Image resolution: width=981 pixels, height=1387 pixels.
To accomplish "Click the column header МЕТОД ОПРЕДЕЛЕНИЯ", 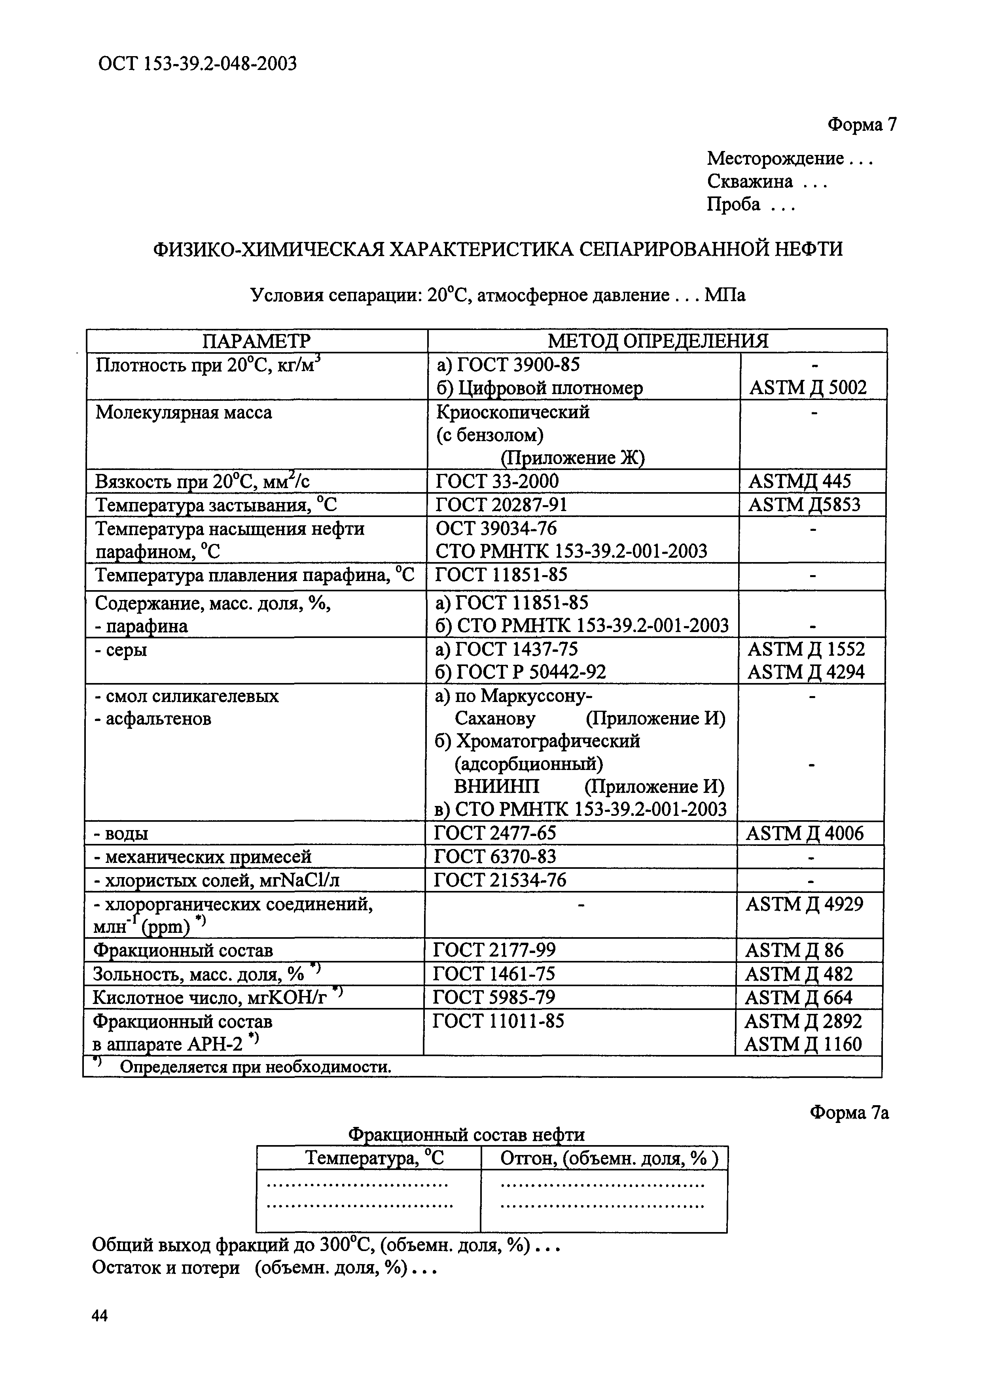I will point(658,341).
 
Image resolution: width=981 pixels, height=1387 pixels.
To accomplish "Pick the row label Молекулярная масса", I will point(184,413).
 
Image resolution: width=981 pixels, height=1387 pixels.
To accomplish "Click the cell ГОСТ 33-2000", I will point(497,481).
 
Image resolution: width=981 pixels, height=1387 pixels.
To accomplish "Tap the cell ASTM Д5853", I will point(804,504).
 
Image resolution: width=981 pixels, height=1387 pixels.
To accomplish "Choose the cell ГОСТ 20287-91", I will point(501,504).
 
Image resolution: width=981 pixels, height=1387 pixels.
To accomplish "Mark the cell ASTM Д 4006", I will point(805,834).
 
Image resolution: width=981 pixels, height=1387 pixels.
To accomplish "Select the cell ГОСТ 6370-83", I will point(495,857).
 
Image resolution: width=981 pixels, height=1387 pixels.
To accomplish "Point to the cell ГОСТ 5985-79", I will point(494,997).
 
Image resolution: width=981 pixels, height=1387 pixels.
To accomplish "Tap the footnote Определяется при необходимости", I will point(255,1068).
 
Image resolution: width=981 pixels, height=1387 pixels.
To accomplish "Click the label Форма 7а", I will point(849,1113).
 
